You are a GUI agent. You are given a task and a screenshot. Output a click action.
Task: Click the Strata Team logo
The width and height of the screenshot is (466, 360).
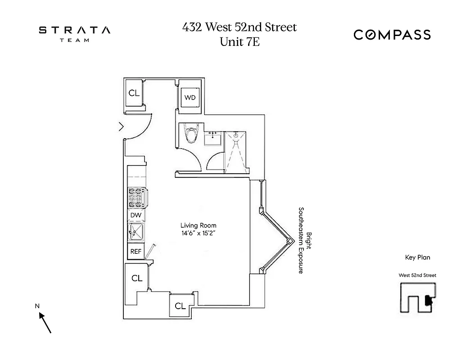click(x=74, y=33)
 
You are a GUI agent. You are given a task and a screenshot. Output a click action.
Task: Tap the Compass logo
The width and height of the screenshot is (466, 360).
click(x=392, y=35)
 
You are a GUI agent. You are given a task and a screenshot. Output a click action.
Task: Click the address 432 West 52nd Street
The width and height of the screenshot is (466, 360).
click(x=240, y=27)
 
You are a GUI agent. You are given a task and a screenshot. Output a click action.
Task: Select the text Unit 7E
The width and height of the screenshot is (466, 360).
click(x=240, y=42)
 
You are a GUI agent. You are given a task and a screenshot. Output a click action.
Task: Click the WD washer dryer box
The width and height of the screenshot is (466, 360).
click(x=190, y=98)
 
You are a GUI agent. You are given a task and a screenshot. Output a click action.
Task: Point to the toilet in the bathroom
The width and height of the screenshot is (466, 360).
click(x=192, y=134)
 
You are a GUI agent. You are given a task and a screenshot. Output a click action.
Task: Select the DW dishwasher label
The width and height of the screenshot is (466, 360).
click(x=136, y=216)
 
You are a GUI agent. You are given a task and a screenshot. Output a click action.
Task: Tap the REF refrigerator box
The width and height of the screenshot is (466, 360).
click(x=136, y=252)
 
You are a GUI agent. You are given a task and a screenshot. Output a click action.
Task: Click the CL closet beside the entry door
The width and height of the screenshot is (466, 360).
click(x=134, y=93)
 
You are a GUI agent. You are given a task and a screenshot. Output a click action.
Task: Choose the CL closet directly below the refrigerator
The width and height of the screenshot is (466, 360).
click(x=137, y=279)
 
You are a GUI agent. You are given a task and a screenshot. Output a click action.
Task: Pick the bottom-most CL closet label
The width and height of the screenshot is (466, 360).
click(x=180, y=306)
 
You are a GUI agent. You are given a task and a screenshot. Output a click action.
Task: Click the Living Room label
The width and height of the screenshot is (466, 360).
click(x=198, y=225)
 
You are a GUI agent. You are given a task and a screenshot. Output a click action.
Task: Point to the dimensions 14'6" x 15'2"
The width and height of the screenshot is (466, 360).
click(x=198, y=234)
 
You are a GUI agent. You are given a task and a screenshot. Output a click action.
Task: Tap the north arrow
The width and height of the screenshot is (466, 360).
click(x=45, y=322)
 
